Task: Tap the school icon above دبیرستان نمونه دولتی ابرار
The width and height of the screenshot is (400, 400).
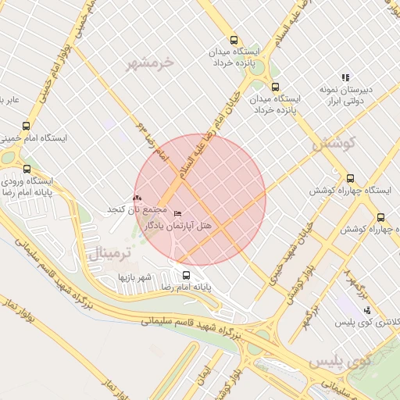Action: click(x=345, y=77)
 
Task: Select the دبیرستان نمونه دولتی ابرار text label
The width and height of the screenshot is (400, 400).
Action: click(x=345, y=95)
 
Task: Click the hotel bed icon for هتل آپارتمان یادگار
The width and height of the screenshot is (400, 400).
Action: click(x=177, y=213)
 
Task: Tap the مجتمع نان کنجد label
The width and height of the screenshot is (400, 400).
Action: click(x=137, y=209)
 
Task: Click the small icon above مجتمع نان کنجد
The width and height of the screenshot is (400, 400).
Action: click(x=137, y=198)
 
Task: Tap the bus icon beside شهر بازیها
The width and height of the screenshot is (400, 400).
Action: click(x=186, y=275)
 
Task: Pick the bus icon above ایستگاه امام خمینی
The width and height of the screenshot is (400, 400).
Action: click(x=27, y=126)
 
